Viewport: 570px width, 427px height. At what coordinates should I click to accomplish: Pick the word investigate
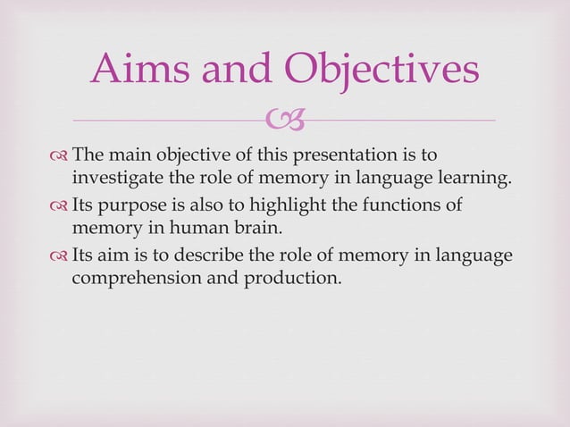click(x=117, y=177)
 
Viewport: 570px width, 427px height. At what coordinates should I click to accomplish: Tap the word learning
click(x=475, y=177)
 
